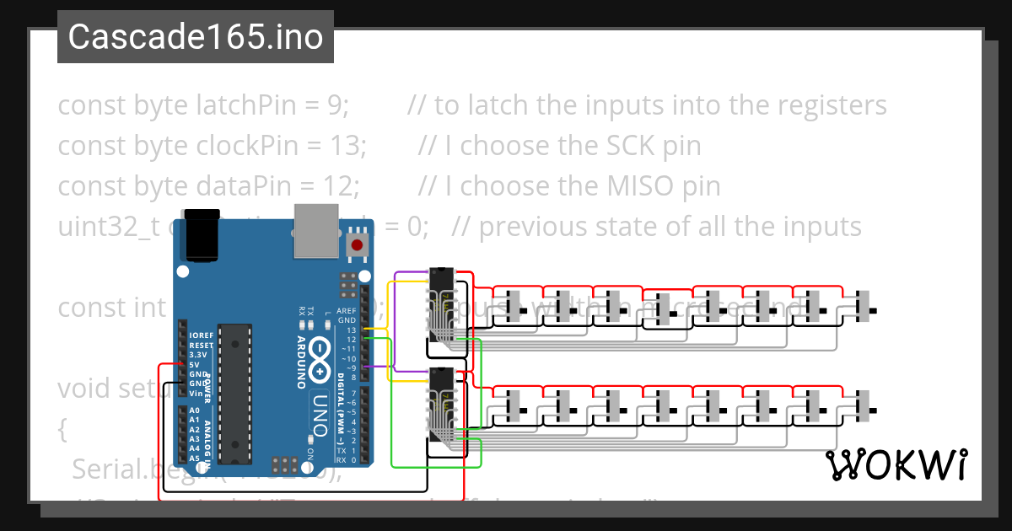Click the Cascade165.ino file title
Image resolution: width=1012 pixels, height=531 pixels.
(195, 37)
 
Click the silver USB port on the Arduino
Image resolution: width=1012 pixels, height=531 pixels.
(317, 231)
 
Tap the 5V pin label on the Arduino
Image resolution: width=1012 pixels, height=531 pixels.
(194, 365)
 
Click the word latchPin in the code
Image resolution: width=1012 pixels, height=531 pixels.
(245, 105)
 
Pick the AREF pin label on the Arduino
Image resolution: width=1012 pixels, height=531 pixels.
(347, 310)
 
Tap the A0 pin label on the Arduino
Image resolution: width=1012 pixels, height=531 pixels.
(195, 410)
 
